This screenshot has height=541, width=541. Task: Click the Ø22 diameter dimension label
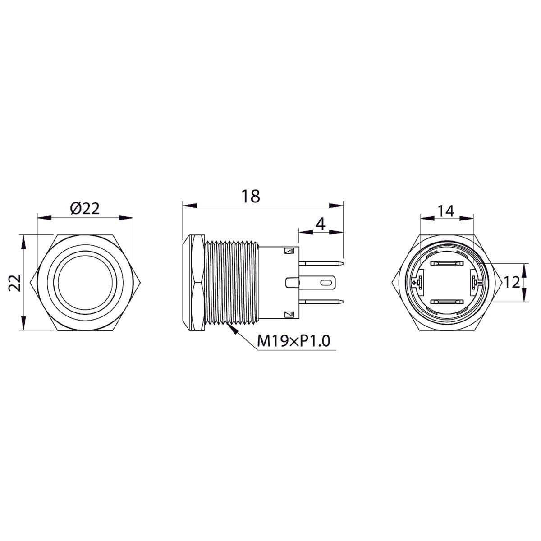click(85, 209)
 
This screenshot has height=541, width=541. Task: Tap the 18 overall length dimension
click(251, 196)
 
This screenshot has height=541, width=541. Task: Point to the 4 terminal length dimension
click(320, 224)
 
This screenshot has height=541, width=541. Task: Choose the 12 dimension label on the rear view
click(513, 283)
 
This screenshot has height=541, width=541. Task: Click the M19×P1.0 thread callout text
click(293, 342)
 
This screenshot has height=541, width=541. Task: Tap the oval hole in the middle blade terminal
click(324, 283)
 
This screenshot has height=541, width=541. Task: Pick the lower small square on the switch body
click(289, 314)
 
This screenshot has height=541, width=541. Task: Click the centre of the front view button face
click(85, 283)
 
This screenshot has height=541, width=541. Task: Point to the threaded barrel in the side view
click(231, 283)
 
